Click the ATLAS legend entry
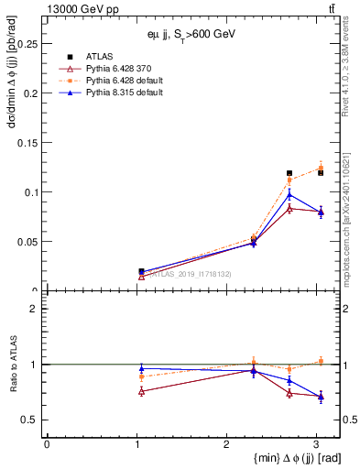[x=99, y=57]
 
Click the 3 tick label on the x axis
[x=316, y=444]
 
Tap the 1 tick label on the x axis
[x=136, y=444]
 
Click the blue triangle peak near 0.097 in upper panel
[x=289, y=194]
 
